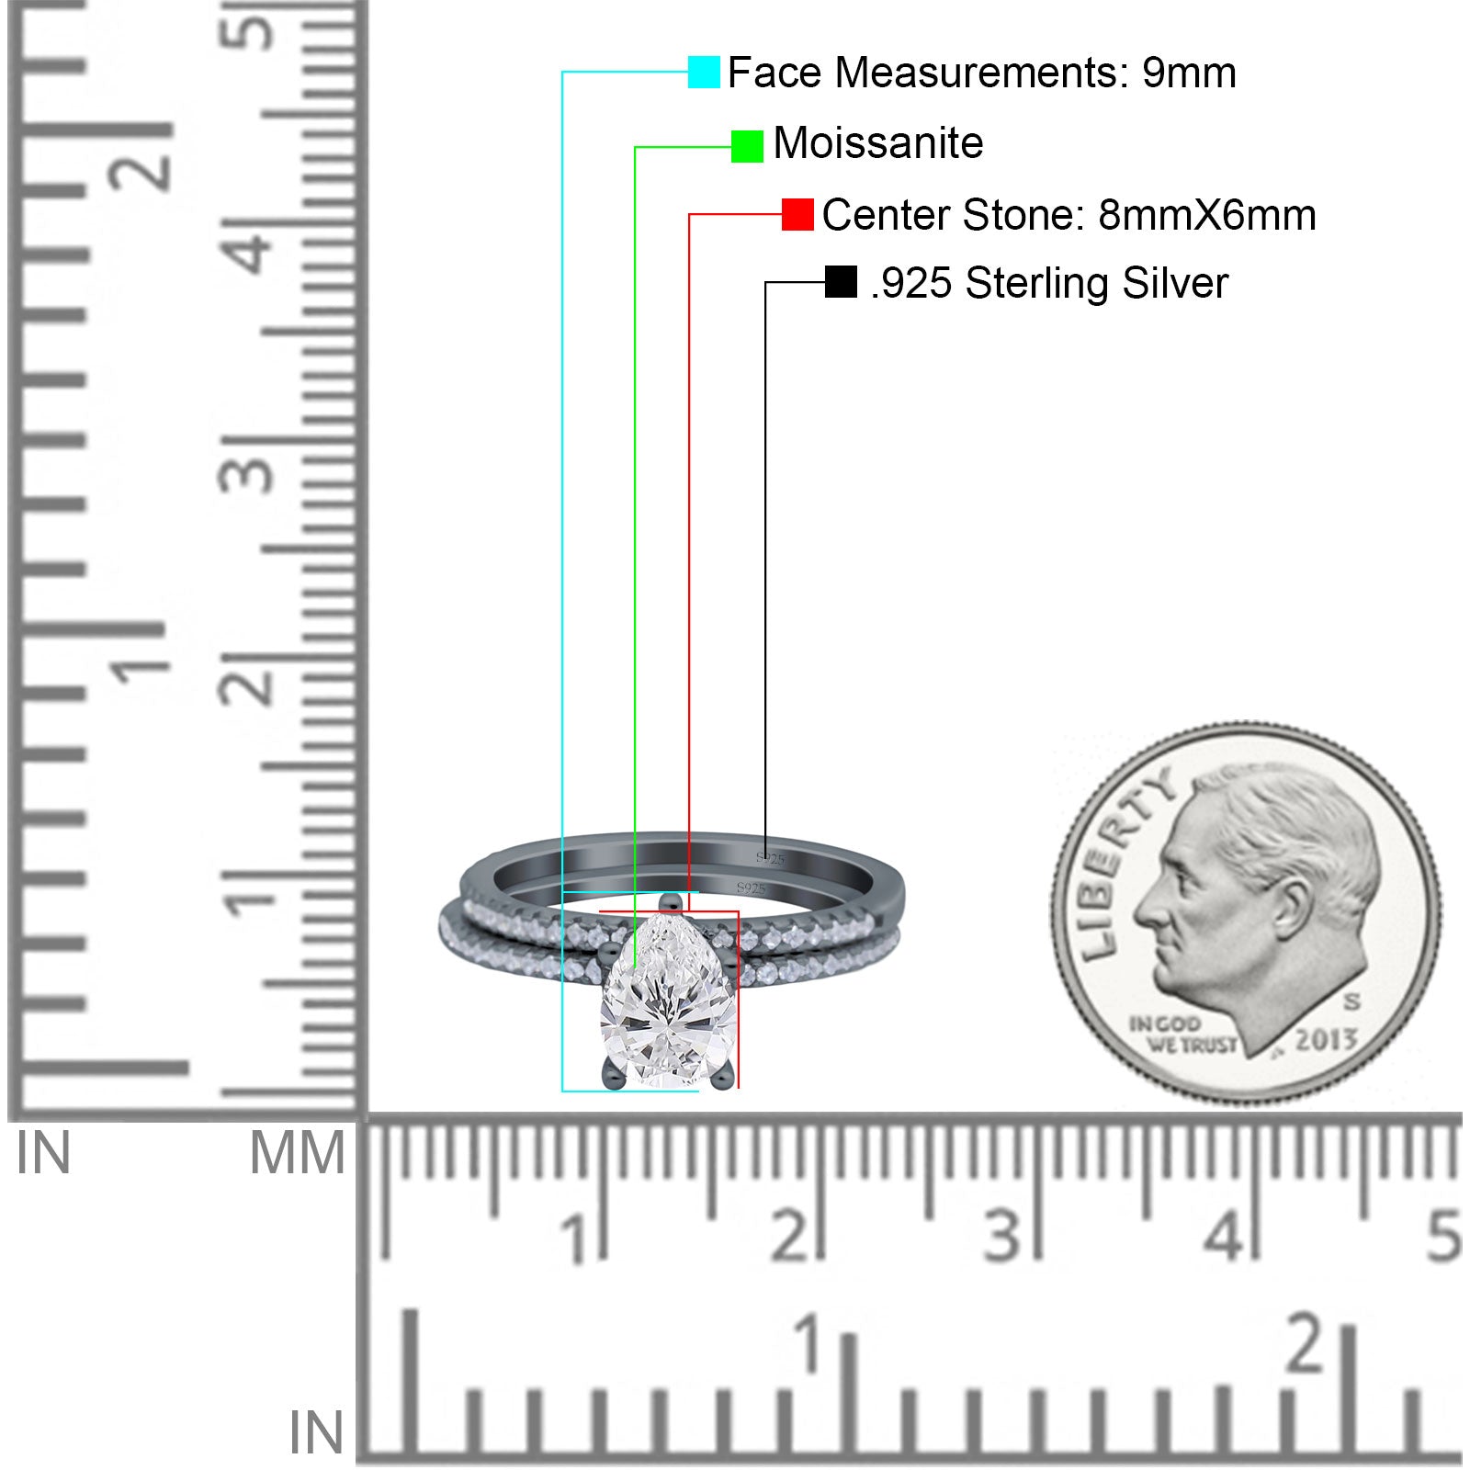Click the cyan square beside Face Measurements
point(704,72)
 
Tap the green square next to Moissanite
point(747,146)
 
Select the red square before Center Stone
point(797,215)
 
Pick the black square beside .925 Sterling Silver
point(841,282)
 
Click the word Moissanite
point(878,143)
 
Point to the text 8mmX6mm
point(1207,215)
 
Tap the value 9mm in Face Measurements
point(1189,73)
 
